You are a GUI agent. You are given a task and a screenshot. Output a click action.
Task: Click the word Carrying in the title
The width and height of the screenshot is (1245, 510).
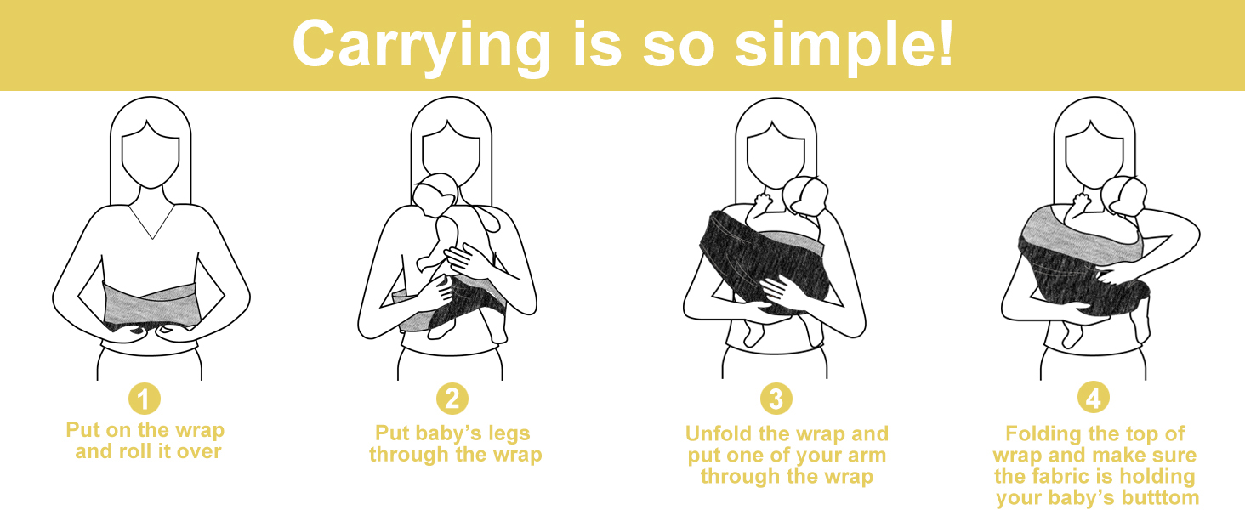pyautogui.click(x=411, y=44)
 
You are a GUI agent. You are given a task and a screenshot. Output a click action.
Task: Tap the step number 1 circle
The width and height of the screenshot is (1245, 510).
pyautogui.click(x=145, y=399)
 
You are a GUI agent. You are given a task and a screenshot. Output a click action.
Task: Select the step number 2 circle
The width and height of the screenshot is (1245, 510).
pyautogui.click(x=452, y=399)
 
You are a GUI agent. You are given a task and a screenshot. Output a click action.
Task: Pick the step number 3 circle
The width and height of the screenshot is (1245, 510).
pyautogui.click(x=776, y=399)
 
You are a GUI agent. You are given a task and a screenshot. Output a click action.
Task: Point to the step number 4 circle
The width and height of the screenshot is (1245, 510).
pyautogui.click(x=1094, y=399)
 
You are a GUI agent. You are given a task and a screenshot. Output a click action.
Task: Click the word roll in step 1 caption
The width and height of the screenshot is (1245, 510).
pyautogui.click(x=127, y=451)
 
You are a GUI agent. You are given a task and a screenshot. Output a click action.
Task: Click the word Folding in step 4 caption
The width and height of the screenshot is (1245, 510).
pyautogui.click(x=1043, y=433)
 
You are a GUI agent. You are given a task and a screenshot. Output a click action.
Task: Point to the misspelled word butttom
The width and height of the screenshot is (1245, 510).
pyautogui.click(x=1157, y=497)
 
